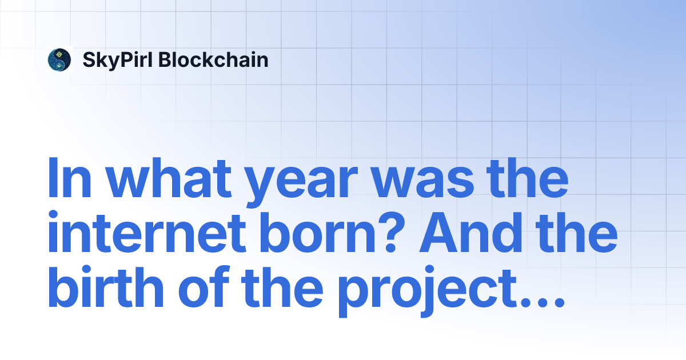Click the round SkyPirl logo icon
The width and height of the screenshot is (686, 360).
(x=59, y=60)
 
